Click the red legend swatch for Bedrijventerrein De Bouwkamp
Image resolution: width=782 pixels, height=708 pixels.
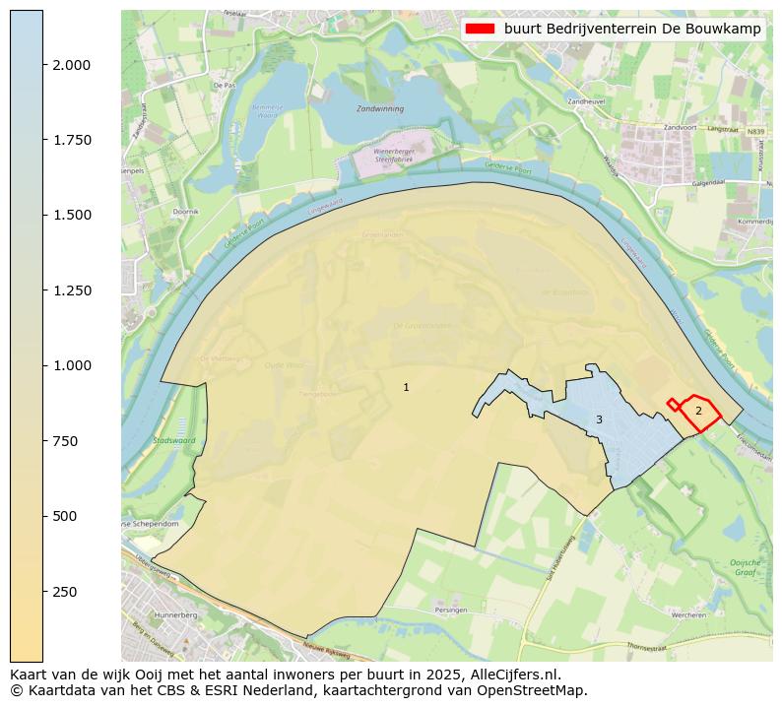480,30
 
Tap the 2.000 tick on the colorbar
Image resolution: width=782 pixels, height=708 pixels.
72,65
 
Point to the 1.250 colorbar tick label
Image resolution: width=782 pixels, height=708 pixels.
72,290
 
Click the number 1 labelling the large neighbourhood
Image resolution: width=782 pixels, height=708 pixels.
406,387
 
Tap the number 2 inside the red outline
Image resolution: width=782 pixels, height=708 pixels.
698,411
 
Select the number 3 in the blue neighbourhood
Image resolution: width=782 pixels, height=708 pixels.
599,420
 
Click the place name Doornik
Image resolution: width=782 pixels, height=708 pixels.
185,212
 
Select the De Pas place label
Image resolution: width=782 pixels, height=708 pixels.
221,86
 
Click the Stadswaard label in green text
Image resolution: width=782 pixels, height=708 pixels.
174,440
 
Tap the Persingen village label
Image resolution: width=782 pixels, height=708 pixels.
450,610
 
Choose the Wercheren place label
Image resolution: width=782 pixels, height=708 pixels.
686,614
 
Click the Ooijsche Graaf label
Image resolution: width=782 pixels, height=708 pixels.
745,567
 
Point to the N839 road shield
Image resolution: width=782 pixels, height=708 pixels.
755,130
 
